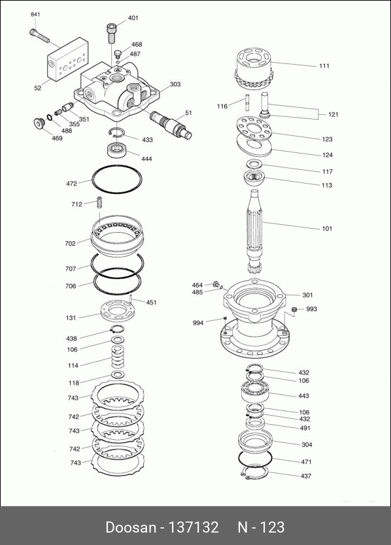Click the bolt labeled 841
pos(39,36)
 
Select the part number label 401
pos(133,18)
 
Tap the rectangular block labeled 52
pos(67,59)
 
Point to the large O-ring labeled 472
pos(117,178)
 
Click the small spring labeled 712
pos(99,203)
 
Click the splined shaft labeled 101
pos(256,231)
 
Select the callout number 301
pos(307,295)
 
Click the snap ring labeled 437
pos(255,473)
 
